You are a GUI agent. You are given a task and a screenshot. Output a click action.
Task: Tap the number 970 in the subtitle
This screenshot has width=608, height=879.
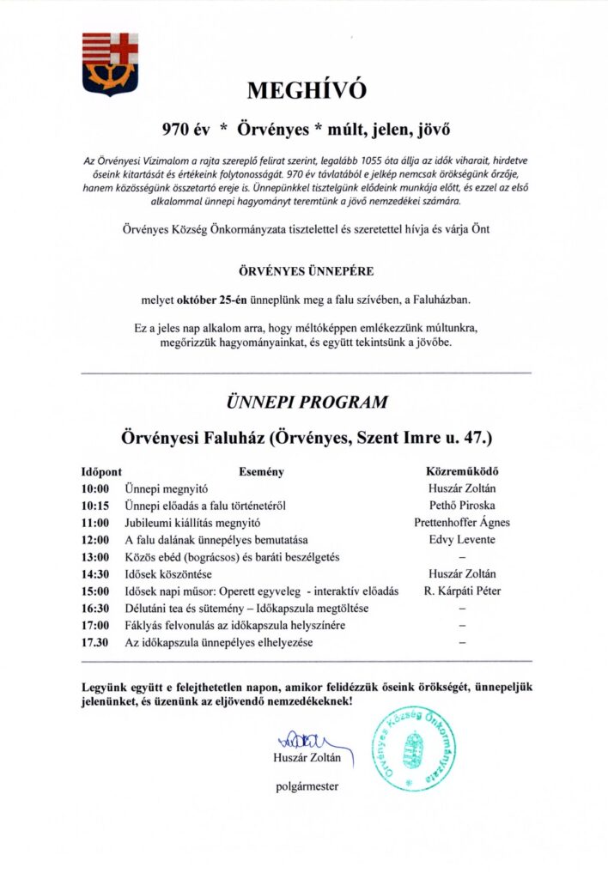(x=179, y=131)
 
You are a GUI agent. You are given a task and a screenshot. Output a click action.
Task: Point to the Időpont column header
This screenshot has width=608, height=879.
(x=101, y=471)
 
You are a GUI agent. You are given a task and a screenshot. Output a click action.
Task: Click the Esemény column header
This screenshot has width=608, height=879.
(x=261, y=471)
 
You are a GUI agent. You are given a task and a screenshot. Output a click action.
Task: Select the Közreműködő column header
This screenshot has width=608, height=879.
(x=462, y=471)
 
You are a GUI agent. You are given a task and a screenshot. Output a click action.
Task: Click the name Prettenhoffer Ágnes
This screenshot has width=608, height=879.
(x=462, y=523)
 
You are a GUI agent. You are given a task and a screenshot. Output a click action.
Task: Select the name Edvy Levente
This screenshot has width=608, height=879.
(x=462, y=540)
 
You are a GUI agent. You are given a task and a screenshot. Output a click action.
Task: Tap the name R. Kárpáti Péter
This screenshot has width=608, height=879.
(x=462, y=591)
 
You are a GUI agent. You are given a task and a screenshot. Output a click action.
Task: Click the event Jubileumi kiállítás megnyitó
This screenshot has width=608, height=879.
(x=192, y=523)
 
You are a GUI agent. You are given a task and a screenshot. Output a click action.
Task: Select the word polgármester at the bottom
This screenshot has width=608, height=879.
(x=307, y=785)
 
